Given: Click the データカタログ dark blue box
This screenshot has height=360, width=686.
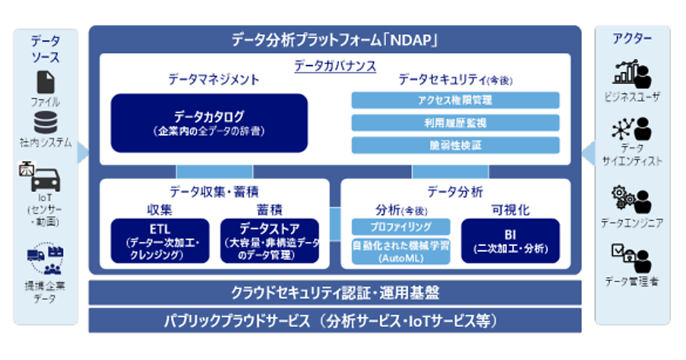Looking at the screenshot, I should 209,123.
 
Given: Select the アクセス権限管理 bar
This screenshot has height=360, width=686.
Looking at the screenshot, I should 455,101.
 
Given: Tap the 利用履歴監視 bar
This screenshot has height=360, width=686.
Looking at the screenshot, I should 455,123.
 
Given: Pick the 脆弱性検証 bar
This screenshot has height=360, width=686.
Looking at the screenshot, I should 455,145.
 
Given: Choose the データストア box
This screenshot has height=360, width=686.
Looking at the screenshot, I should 269,241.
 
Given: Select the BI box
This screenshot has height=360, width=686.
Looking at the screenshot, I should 510,241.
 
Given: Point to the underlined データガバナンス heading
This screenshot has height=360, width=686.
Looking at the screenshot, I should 335,66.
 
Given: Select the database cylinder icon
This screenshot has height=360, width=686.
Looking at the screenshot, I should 45,123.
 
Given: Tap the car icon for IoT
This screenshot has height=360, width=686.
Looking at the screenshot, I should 45,180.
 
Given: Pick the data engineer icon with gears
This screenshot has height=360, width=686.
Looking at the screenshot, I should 632,199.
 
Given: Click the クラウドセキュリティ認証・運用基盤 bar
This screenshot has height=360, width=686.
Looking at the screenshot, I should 335,293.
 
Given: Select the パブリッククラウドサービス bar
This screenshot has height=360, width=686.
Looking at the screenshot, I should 335,321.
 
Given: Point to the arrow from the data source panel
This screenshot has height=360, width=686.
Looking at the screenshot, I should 83,151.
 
